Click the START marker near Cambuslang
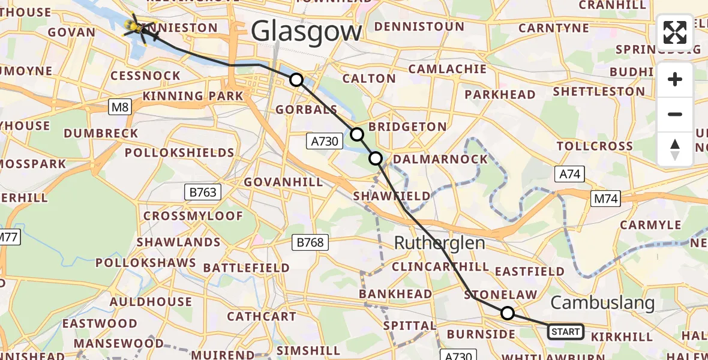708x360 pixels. [x=565, y=332]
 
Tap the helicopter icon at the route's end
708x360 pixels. [x=139, y=28]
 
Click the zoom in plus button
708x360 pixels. [x=675, y=79]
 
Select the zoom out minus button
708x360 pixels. [x=675, y=114]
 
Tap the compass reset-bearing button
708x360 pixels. [x=675, y=149]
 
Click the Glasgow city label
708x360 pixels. [x=307, y=31]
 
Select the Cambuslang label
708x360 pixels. [x=602, y=303]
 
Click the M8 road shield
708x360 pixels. [x=120, y=107]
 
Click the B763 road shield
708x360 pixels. [x=203, y=193]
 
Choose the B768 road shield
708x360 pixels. [x=310, y=242]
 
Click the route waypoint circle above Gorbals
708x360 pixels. [x=296, y=80]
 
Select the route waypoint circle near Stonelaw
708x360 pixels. [x=508, y=313]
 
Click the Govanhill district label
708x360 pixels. [x=284, y=181]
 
